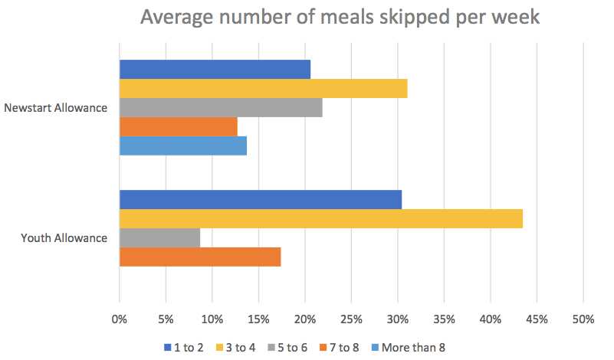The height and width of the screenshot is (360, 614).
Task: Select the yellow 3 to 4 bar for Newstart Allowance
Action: coord(263,89)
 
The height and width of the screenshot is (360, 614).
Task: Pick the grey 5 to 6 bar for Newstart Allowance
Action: coord(221,108)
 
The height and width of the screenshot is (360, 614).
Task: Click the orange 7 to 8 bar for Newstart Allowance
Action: coord(179,126)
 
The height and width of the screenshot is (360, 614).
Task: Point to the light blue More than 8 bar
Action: coord(183,146)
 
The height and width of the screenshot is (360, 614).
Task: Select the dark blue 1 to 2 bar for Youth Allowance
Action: coord(261,200)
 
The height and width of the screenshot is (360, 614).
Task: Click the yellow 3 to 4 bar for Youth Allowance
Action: coord(321,219)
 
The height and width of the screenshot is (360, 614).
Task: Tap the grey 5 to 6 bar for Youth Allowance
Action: coord(159,237)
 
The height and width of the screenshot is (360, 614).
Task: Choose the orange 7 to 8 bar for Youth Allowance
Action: coord(200,257)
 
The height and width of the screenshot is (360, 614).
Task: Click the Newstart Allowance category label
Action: coord(55,108)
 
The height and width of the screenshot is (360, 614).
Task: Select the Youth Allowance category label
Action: coord(64,238)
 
